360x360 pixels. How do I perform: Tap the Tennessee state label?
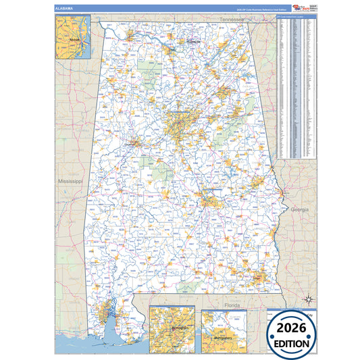click(x=231, y=20)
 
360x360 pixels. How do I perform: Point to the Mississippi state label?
click(x=69, y=182)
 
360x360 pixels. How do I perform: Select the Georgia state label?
click(x=299, y=210)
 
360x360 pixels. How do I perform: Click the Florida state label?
click(x=232, y=305)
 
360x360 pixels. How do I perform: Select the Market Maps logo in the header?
click(x=297, y=8)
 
